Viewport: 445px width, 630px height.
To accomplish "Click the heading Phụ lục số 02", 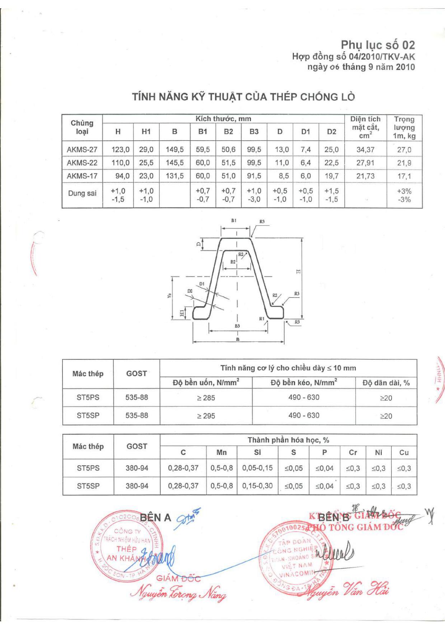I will click(378, 45).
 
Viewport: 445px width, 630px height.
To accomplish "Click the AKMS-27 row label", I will click(82, 150).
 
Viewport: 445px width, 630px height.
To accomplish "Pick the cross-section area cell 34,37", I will click(365, 150).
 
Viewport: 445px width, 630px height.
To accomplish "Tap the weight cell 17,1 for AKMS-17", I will click(404, 176).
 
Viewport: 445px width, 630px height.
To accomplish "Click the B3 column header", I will click(254, 132).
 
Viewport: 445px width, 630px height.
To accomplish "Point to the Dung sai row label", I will click(82, 193).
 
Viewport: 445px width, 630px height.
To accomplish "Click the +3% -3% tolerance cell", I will click(404, 195).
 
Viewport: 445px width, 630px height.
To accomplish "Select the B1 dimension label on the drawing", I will click(234, 220).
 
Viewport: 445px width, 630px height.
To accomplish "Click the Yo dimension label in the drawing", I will click(169, 295).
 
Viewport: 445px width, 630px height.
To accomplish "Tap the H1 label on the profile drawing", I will click(182, 313).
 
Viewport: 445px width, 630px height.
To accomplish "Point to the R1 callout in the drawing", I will click(262, 319).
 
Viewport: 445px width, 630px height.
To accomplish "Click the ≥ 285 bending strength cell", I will click(206, 398).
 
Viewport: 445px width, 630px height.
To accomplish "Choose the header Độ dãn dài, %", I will click(386, 383).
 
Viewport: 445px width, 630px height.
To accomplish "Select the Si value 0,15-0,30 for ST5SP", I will click(257, 486).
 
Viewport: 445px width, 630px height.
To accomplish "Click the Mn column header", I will click(221, 453).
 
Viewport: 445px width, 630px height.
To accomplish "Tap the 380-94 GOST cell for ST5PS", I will click(137, 468).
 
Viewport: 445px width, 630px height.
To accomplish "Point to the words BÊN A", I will click(155, 518).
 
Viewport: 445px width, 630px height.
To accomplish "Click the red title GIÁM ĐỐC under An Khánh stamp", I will click(178, 578).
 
